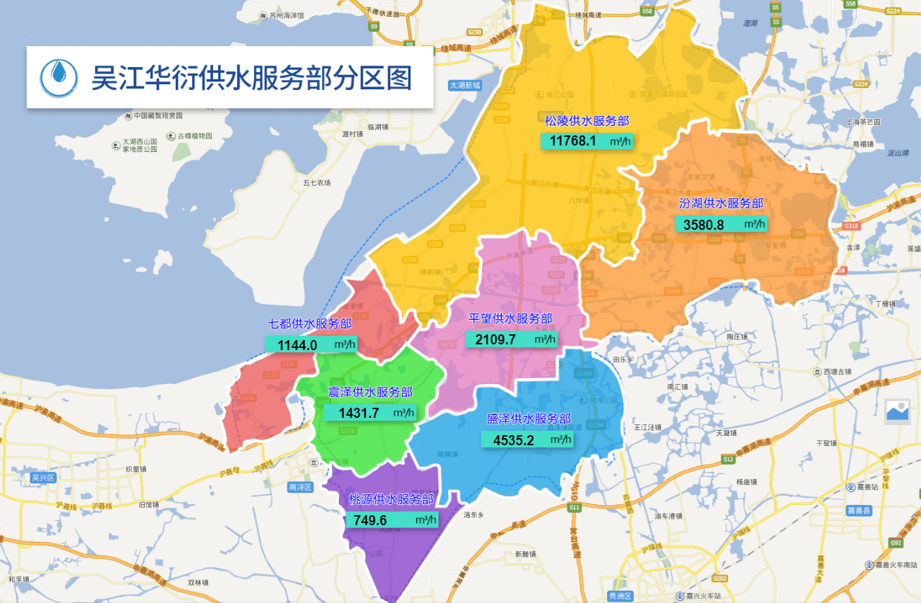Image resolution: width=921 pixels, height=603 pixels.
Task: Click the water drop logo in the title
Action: pyautogui.click(x=59, y=77)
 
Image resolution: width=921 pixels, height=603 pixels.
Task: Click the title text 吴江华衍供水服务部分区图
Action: pyautogui.click(x=251, y=77)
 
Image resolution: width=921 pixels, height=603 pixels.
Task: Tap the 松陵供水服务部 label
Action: pyautogui.click(x=587, y=121)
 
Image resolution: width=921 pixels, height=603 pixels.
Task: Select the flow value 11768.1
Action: pyautogui.click(x=572, y=141)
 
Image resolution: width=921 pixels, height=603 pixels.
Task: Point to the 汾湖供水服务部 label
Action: pyautogui.click(x=721, y=204)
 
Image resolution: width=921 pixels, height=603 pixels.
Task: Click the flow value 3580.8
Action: pyautogui.click(x=704, y=225)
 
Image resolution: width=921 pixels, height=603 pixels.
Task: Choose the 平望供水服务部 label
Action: pyautogui.click(x=511, y=318)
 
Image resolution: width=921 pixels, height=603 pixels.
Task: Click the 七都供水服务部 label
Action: pyautogui.click(x=310, y=323)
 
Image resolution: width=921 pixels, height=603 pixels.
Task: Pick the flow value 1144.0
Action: pyautogui.click(x=297, y=345)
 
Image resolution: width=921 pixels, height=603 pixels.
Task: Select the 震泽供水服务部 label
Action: pyautogui.click(x=370, y=392)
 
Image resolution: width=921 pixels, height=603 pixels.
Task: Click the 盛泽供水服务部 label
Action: pyautogui.click(x=529, y=419)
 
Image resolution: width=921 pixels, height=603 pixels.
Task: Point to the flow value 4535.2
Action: pyautogui.click(x=513, y=440)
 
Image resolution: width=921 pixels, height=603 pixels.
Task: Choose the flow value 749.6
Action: pyautogui.click(x=370, y=520)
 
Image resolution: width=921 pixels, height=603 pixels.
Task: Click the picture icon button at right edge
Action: pyautogui.click(x=898, y=411)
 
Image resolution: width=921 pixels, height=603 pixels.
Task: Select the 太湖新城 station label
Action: pyautogui.click(x=464, y=85)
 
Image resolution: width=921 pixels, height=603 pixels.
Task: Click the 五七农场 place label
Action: pyautogui.click(x=317, y=183)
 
